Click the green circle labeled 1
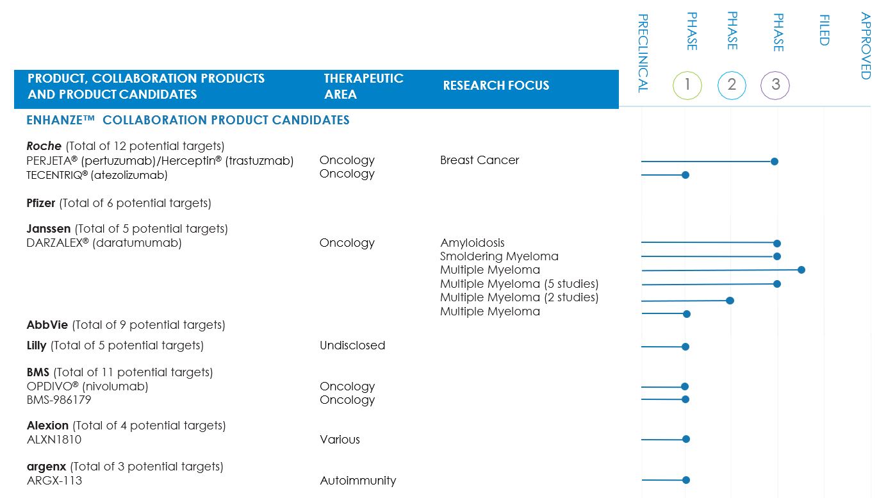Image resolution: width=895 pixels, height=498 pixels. point(687,85)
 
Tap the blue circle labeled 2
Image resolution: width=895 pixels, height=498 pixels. point(732,85)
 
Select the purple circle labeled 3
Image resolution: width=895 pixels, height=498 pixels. point(775,85)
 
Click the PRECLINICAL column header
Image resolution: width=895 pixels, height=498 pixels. point(643,53)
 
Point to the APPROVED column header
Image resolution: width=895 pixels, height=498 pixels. point(866,46)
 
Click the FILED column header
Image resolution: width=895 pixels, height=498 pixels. point(824,30)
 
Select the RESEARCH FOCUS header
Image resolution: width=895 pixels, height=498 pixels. point(496,85)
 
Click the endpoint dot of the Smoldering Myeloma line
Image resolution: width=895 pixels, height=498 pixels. point(777,256)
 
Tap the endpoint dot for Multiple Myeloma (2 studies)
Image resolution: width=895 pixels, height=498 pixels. point(730,300)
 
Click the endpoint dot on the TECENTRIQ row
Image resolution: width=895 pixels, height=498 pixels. point(686,174)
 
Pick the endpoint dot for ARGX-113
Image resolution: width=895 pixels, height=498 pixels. point(686,479)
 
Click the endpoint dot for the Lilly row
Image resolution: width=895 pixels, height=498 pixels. point(686,347)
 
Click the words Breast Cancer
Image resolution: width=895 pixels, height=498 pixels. point(479,160)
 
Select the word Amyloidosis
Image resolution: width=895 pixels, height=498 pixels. point(472,243)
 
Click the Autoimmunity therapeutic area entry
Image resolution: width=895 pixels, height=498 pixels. point(357,481)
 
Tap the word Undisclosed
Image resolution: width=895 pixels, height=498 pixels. point(352,345)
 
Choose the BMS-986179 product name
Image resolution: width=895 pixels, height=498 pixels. point(59,400)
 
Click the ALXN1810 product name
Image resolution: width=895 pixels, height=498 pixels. point(54,440)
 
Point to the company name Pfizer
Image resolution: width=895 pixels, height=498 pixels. point(41,203)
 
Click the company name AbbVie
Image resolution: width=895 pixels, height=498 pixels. point(47,325)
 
